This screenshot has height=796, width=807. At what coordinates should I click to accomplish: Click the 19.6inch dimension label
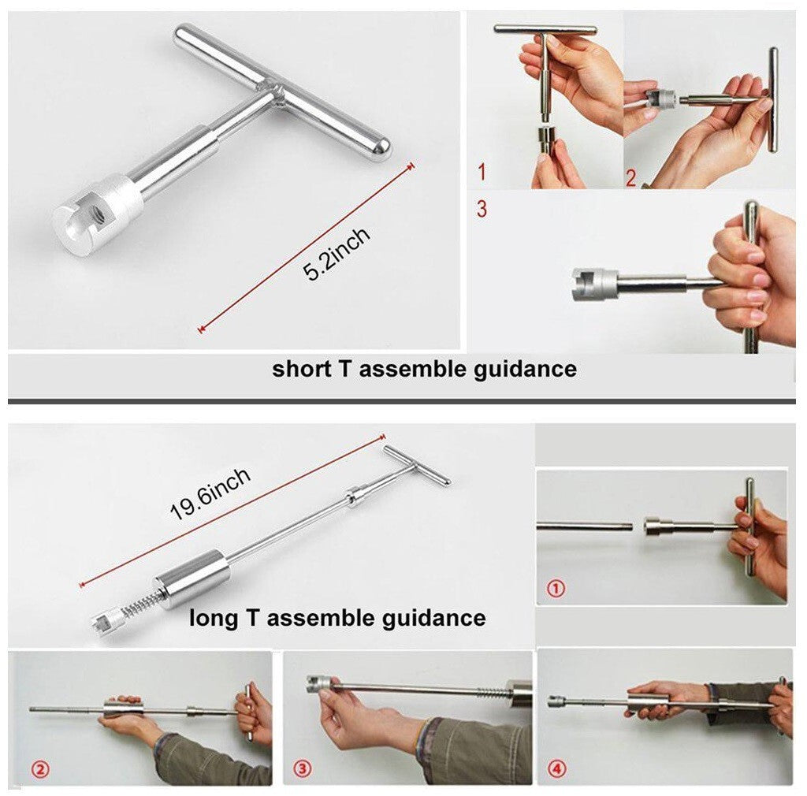pos(210,494)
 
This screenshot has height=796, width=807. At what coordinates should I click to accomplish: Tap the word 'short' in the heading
pos(301,369)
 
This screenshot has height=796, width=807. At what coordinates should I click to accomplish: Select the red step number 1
pos(482,172)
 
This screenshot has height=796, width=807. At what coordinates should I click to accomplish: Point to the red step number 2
pos(631,178)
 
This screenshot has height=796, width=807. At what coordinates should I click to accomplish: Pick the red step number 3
pos(482,208)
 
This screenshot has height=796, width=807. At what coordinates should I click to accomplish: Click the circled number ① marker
pos(556,588)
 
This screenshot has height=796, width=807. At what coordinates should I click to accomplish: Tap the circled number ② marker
pos(40,769)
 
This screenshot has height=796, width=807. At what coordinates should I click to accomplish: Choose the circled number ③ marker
pos(302,768)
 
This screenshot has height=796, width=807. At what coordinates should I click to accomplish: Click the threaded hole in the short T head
pos(96,210)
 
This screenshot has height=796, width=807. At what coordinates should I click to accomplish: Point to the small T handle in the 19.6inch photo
pos(416,466)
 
